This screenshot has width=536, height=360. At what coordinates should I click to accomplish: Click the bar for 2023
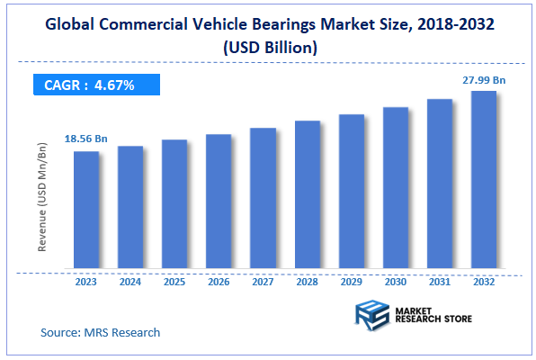click(86, 210)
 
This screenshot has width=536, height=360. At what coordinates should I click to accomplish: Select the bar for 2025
click(174, 204)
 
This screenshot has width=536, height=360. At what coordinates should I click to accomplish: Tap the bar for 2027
click(263, 198)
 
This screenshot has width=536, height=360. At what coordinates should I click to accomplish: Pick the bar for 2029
click(351, 192)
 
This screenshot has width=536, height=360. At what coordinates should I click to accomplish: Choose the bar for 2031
click(439, 184)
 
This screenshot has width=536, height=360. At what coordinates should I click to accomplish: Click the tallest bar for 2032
click(483, 180)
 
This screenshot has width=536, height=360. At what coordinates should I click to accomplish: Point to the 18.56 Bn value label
click(85, 139)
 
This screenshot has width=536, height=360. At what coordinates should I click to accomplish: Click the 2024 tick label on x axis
click(130, 282)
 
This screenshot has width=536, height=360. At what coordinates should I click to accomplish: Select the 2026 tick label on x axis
click(219, 282)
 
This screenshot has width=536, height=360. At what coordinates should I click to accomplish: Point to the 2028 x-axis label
click(307, 282)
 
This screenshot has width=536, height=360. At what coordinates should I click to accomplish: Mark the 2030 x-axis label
click(395, 282)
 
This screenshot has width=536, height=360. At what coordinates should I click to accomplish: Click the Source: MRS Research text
click(100, 332)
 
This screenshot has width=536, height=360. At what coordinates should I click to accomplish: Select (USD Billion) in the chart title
click(268, 49)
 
